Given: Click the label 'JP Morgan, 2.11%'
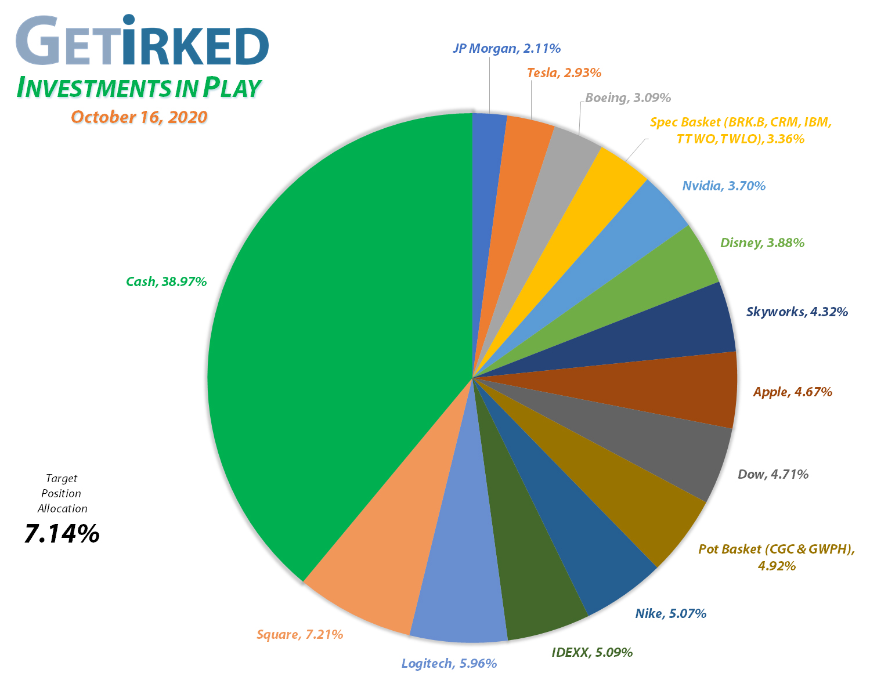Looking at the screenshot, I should click(x=506, y=49).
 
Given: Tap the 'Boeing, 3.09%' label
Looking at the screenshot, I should click(x=628, y=97).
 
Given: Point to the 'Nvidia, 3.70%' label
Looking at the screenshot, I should click(x=724, y=186).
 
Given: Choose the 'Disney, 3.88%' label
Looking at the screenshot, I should click(x=762, y=243).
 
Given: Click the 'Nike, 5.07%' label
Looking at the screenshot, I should click(x=670, y=613).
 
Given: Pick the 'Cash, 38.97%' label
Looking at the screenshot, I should click(x=166, y=282).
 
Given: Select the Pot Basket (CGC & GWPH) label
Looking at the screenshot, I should click(x=777, y=556).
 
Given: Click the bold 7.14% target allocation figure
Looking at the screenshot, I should click(x=62, y=533).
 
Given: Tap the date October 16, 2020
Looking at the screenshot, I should click(x=139, y=117).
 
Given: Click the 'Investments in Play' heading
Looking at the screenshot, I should click(x=139, y=87).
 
